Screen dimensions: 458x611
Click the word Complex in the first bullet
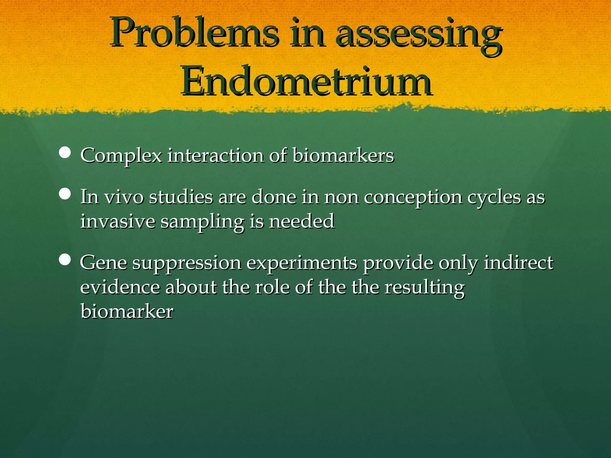point(121,156)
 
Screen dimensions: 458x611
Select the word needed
point(302,221)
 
